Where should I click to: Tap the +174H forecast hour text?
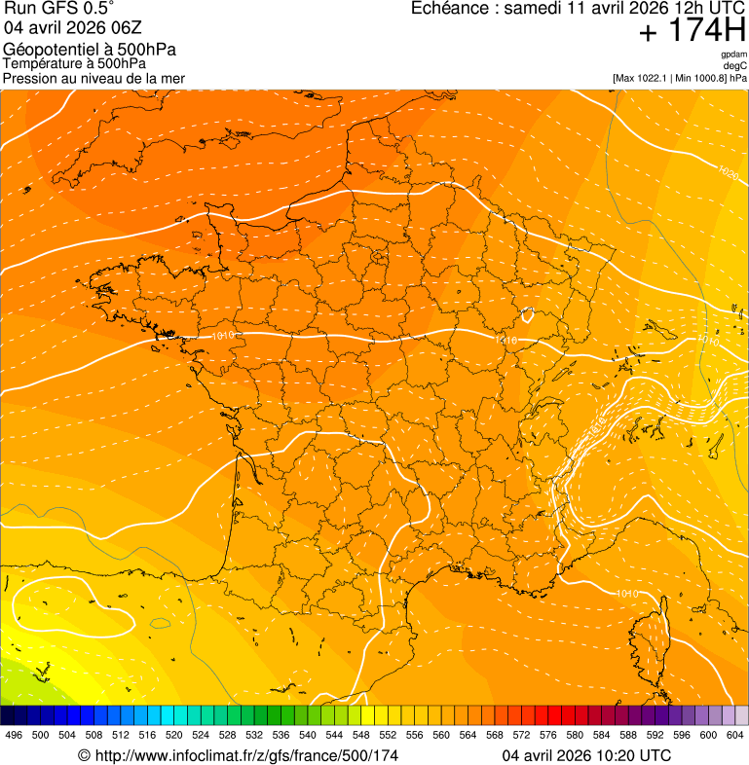pos(692,30)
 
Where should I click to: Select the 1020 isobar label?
pos(727,171)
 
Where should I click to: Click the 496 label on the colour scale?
pos(14,735)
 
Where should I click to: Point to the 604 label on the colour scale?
pos(735,735)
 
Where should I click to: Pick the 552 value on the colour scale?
pos(388,735)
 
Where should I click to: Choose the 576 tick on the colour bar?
pos(547,735)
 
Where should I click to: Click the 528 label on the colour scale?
pos(227,735)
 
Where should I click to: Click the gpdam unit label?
pos(734,55)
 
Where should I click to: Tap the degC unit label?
pos(736,65)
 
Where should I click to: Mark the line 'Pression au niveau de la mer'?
pos(94,78)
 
